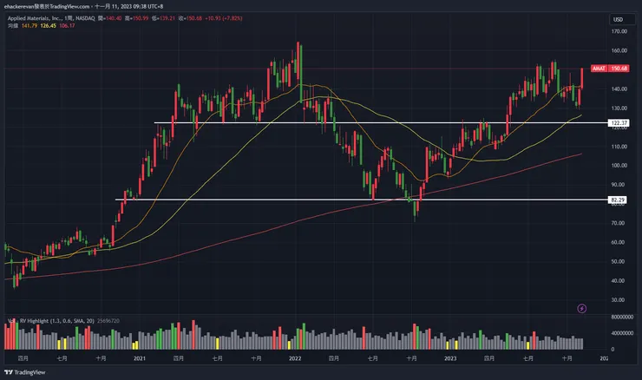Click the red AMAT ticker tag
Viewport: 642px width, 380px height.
tap(598, 69)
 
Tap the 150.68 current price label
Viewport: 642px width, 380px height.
tap(619, 69)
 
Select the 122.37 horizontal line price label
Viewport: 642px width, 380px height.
tap(619, 123)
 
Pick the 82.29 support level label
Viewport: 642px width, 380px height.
tap(619, 200)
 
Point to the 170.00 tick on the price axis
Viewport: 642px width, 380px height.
tap(619, 31)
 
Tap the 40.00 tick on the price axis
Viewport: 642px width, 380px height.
tap(619, 280)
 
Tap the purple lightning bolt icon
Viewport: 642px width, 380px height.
tap(581, 307)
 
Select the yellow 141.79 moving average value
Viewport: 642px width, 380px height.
tap(31, 25)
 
